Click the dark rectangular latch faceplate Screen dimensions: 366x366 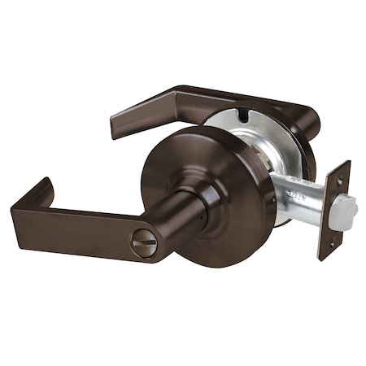[x=333, y=210]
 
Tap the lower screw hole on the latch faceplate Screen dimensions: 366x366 [x=330, y=242]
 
